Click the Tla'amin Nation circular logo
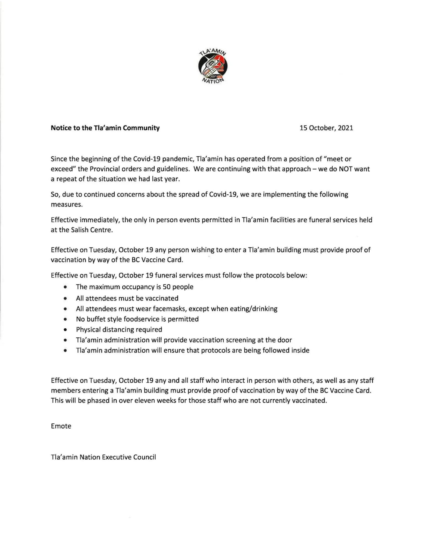coord(212,66)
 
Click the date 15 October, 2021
coord(326,128)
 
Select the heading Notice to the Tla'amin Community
coord(105,128)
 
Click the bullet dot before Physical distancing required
coord(65,330)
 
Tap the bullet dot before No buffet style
coord(65,320)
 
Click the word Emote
coord(61,426)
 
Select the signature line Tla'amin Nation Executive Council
coord(103,457)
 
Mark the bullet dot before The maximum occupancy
coord(65,287)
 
